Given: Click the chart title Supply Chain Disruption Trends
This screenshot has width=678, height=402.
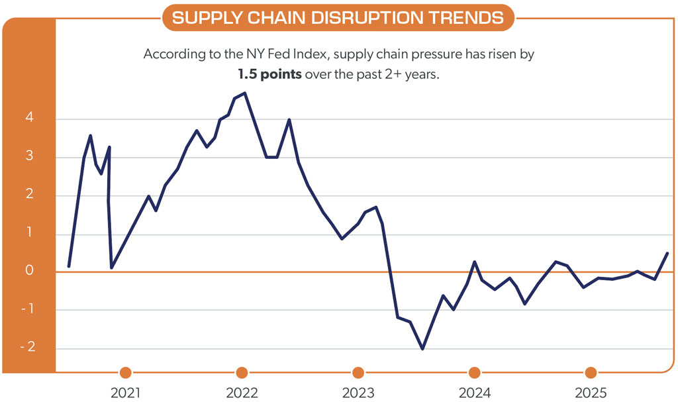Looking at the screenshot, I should [x=338, y=18].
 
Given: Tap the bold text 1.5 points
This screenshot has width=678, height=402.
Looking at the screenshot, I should [x=269, y=75].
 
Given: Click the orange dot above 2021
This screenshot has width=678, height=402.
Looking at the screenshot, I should [x=126, y=372].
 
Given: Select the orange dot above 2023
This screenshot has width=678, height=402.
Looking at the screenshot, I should [x=358, y=372].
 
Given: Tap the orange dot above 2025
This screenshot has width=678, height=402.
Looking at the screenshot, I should [x=591, y=372].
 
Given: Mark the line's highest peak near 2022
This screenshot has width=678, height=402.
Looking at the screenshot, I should [x=245, y=93].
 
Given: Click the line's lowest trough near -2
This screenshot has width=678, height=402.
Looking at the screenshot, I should [x=422, y=349].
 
